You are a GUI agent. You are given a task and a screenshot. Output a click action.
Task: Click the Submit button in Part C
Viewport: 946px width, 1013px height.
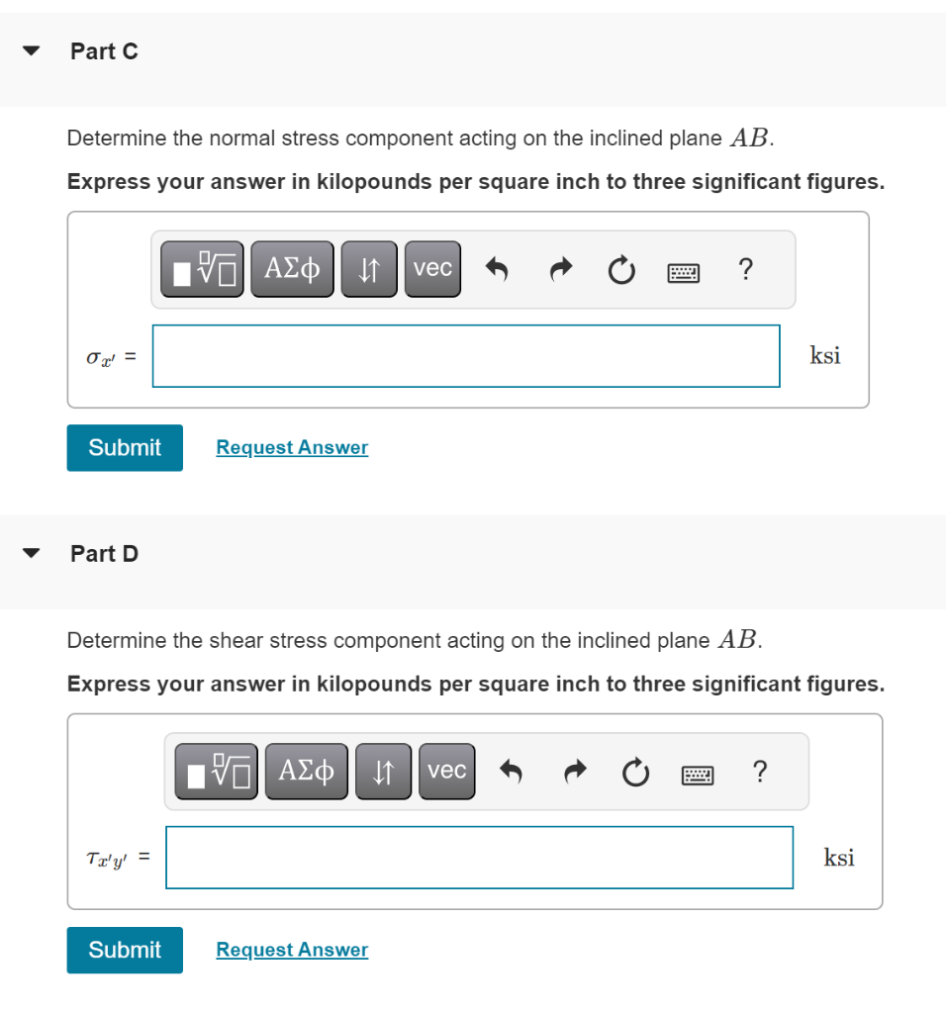pyautogui.click(x=125, y=447)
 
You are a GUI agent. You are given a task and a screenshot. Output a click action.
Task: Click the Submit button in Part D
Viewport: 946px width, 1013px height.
pyautogui.click(x=125, y=950)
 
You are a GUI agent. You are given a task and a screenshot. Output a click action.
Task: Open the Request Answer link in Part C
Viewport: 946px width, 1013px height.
pyautogui.click(x=292, y=447)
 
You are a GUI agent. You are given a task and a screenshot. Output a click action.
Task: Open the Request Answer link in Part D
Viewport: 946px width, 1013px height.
pyautogui.click(x=292, y=950)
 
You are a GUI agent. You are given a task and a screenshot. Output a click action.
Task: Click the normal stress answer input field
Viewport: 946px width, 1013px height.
pyautogui.click(x=465, y=356)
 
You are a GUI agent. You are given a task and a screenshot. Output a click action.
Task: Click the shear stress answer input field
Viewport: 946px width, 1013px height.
pyautogui.click(x=479, y=858)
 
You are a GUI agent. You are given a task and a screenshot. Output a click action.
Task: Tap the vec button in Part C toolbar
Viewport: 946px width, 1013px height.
pyautogui.click(x=432, y=268)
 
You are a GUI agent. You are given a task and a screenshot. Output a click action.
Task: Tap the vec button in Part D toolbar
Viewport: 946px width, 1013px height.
pyautogui.click(x=446, y=771)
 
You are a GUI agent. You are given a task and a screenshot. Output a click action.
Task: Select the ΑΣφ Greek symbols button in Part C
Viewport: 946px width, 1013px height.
pyautogui.click(x=292, y=268)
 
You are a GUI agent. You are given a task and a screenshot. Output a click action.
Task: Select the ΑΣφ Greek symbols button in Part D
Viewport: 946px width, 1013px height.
pyautogui.click(x=306, y=771)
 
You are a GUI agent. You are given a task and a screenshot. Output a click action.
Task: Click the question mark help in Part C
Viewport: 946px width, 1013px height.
pyautogui.click(x=745, y=268)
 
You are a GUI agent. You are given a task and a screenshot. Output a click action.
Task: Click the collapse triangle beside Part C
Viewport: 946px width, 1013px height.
pyautogui.click(x=34, y=51)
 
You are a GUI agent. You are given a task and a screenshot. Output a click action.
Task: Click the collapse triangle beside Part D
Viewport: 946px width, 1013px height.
pyautogui.click(x=34, y=554)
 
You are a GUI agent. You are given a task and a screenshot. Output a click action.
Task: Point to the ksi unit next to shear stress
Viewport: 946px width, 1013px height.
pyautogui.click(x=839, y=858)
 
